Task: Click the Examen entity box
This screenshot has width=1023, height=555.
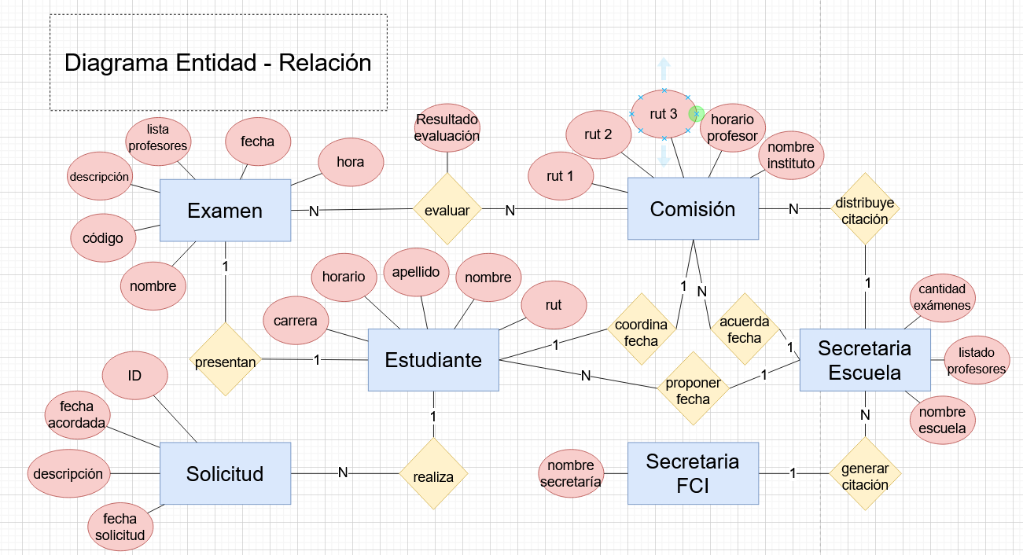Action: [225, 211]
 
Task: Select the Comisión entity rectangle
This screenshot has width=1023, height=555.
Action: [693, 208]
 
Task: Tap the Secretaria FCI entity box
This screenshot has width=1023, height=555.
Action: [693, 473]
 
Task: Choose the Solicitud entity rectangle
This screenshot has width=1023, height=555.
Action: [225, 473]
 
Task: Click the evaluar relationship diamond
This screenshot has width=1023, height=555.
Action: [447, 210]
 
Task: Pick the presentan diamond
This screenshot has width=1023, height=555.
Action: [226, 362]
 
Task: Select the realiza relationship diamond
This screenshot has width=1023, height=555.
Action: [433, 475]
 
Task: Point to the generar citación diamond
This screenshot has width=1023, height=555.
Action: [865, 476]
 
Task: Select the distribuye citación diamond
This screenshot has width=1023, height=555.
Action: [865, 211]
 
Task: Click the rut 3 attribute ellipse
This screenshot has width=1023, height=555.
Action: [663, 115]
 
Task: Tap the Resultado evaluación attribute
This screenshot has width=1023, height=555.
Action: [447, 127]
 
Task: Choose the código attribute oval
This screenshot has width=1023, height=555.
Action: [103, 237]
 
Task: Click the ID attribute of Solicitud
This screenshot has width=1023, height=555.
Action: [135, 376]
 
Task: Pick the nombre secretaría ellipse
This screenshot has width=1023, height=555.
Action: [572, 473]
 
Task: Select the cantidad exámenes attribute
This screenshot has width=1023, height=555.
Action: [942, 297]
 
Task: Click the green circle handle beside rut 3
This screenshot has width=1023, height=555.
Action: [695, 114]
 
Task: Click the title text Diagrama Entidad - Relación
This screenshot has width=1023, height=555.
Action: [218, 63]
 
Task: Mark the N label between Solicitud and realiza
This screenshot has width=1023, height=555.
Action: [343, 472]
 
